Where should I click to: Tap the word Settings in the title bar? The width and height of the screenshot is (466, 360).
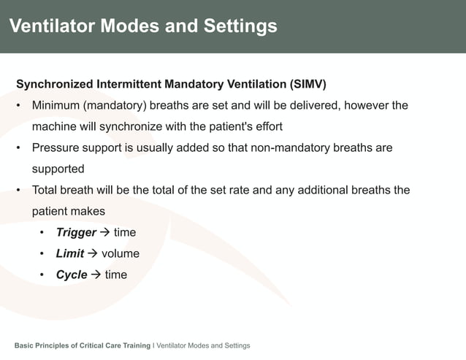click(240, 26)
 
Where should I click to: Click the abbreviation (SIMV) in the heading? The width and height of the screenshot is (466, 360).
click(306, 83)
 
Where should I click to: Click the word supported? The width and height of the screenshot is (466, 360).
click(58, 169)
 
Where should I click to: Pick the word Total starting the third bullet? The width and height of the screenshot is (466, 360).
click(45, 190)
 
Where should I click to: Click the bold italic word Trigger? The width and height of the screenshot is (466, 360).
click(76, 233)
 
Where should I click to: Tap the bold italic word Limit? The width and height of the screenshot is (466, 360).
click(70, 254)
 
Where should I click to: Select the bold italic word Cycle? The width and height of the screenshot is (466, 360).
click(72, 275)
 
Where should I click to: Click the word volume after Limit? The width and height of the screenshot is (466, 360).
click(120, 254)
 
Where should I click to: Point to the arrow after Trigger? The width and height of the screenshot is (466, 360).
click(104, 233)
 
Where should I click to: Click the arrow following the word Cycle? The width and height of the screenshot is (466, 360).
click(96, 275)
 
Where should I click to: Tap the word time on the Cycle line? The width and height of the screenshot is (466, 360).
click(115, 275)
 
